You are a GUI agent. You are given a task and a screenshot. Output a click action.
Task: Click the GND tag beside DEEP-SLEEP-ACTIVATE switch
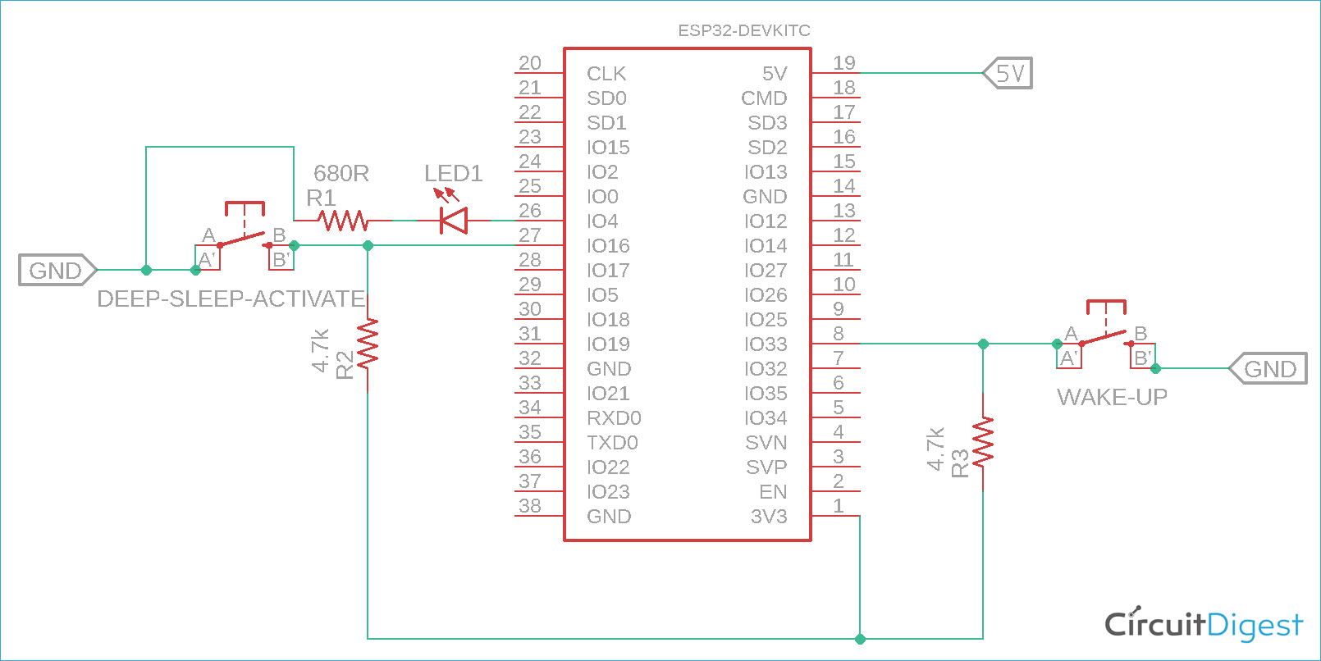point(57,270)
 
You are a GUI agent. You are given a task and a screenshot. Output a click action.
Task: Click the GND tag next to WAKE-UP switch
point(1269,368)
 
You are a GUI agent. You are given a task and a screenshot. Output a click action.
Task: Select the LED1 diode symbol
point(453,221)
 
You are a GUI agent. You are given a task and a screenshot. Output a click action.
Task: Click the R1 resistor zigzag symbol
point(343,221)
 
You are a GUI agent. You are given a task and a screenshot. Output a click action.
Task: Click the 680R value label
point(341,174)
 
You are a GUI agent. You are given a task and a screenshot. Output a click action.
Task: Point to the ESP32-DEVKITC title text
point(743,30)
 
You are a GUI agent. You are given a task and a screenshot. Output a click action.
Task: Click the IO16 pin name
point(608,246)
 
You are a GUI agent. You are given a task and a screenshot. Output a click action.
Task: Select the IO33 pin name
point(765,344)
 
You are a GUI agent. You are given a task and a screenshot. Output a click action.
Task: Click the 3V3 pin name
point(769,517)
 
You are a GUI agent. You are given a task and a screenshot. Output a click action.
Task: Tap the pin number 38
point(530,506)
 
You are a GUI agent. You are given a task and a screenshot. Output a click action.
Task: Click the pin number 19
point(844,63)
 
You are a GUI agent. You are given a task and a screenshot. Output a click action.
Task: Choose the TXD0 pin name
point(612,443)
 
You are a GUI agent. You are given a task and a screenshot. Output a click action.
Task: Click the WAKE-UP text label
point(1112,398)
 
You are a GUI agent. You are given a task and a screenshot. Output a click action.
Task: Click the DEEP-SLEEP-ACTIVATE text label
point(231,299)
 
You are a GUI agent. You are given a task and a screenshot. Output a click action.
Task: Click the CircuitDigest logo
point(1203,625)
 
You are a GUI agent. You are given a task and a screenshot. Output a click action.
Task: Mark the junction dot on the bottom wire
point(860,639)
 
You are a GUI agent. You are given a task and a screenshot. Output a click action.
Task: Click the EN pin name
point(773,492)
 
